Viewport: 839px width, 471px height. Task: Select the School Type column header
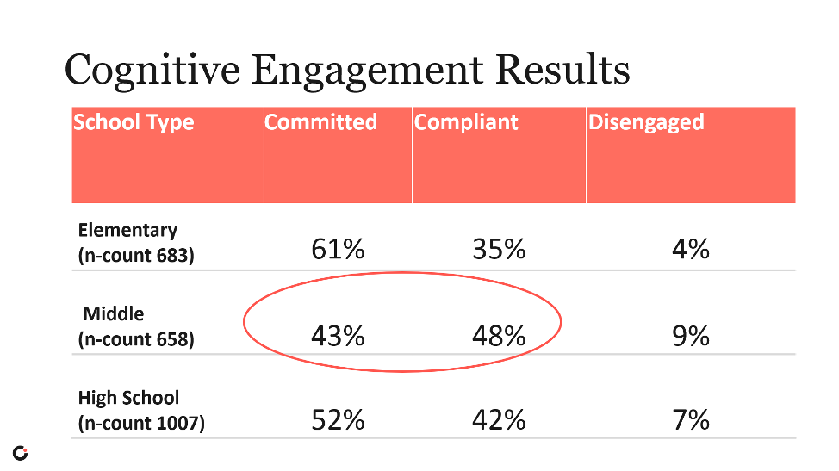click(134, 122)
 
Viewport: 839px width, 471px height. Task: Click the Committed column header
click(321, 122)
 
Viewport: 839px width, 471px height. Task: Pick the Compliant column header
click(466, 122)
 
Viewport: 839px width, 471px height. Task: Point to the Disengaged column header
click(646, 122)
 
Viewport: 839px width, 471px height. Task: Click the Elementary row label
click(127, 230)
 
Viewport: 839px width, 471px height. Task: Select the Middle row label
click(113, 313)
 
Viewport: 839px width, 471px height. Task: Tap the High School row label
click(128, 398)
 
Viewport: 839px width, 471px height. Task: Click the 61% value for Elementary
click(338, 250)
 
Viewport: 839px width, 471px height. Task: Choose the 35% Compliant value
click(499, 250)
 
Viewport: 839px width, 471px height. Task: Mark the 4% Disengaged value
click(691, 250)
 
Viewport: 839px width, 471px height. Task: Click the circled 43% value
click(338, 335)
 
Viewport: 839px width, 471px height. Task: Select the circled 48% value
click(499, 335)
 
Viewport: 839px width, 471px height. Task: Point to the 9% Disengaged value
click(691, 335)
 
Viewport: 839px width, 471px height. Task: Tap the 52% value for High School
click(338, 419)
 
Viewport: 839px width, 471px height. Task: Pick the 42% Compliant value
click(499, 419)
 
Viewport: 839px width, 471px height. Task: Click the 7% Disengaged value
click(691, 419)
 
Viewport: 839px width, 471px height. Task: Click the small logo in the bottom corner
click(20, 453)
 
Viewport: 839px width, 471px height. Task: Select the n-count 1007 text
click(141, 424)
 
